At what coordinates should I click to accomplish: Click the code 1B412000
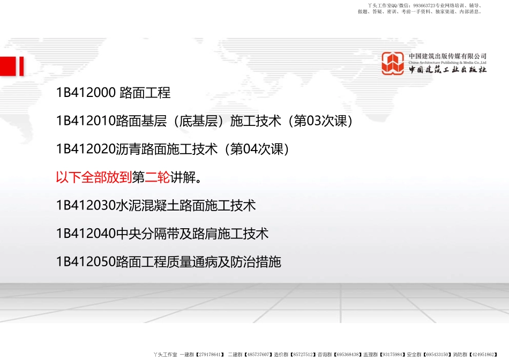click(86, 93)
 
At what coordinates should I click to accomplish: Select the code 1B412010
click(86, 122)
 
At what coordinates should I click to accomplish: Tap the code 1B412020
click(86, 149)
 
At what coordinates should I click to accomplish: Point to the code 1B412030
click(86, 205)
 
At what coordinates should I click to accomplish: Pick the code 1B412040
click(86, 234)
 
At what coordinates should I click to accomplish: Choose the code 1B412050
click(86, 262)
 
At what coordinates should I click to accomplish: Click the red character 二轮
click(158, 177)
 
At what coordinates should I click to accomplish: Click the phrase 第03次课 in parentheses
click(320, 122)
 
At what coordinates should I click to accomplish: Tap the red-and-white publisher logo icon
click(393, 63)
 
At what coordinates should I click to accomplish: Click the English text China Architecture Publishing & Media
click(447, 62)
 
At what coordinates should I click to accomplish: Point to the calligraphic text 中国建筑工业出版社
click(447, 70)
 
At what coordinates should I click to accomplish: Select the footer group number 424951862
click(484, 355)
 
